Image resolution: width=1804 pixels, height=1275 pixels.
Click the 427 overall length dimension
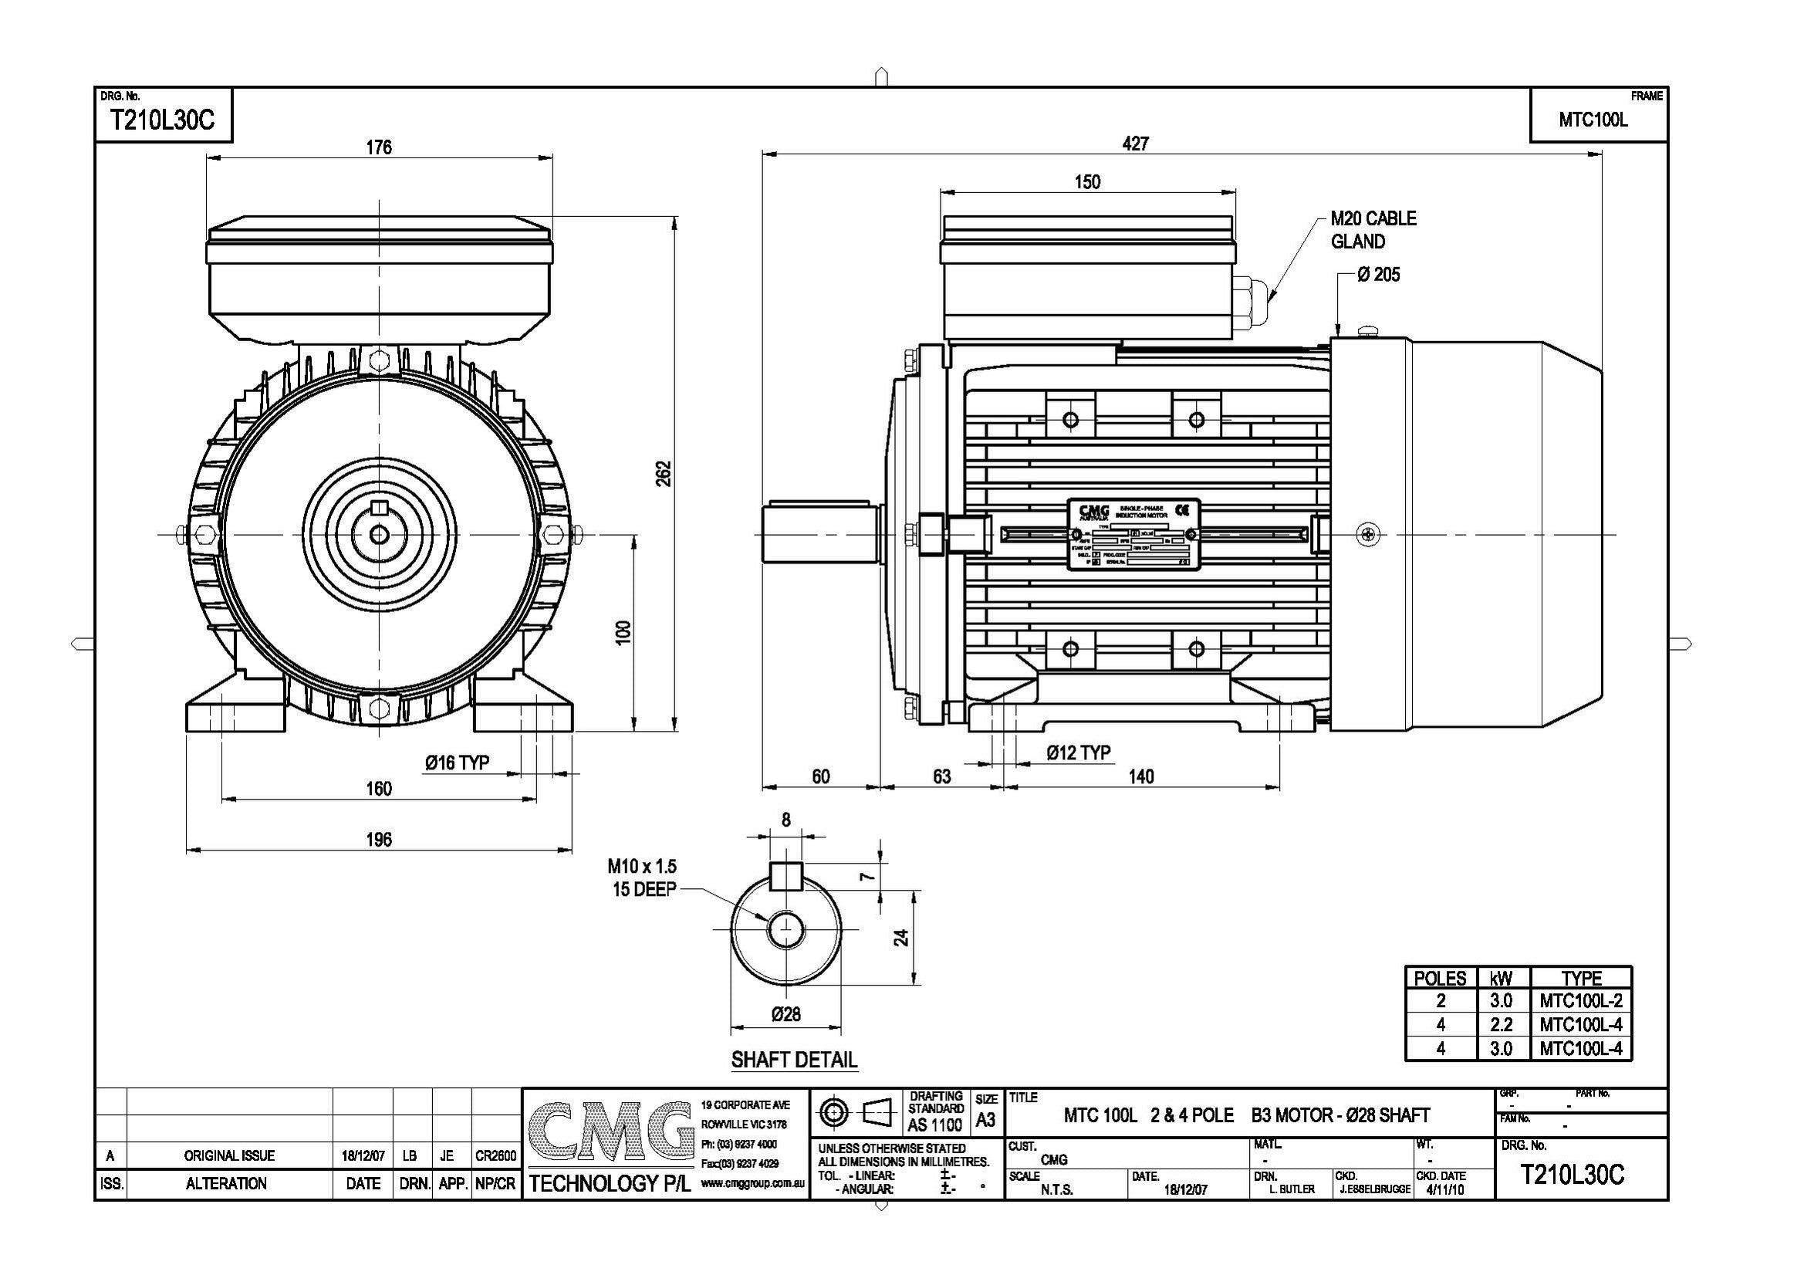pyautogui.click(x=1135, y=144)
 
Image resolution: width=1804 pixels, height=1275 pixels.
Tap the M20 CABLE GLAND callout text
pyautogui.click(x=1373, y=229)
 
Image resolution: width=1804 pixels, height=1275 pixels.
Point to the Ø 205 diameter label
pyautogui.click(x=1378, y=275)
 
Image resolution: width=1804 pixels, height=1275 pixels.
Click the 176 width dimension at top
pyautogui.click(x=379, y=147)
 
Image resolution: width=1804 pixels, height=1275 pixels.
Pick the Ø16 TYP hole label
pyautogui.click(x=458, y=763)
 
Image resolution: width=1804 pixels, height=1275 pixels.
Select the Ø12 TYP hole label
pyautogui.click(x=1079, y=753)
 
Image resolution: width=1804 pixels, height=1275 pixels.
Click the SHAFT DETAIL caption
pyautogui.click(x=793, y=1060)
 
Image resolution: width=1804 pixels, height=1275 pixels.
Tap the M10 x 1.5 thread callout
pyautogui.click(x=642, y=867)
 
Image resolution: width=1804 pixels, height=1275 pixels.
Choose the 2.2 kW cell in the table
pyautogui.click(x=1501, y=1025)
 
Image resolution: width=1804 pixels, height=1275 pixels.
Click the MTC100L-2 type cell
pyautogui.click(x=1581, y=1002)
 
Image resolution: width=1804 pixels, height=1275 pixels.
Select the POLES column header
pyautogui.click(x=1440, y=979)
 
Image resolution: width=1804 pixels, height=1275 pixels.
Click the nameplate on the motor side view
pyautogui.click(x=1133, y=535)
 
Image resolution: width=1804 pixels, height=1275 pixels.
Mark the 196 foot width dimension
pyautogui.click(x=379, y=840)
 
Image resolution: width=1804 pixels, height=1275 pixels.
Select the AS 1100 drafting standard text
pyautogui.click(x=934, y=1125)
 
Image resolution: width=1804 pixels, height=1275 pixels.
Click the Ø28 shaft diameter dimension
pyautogui.click(x=785, y=1015)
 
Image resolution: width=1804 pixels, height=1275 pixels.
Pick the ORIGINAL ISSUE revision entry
pyautogui.click(x=229, y=1155)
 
